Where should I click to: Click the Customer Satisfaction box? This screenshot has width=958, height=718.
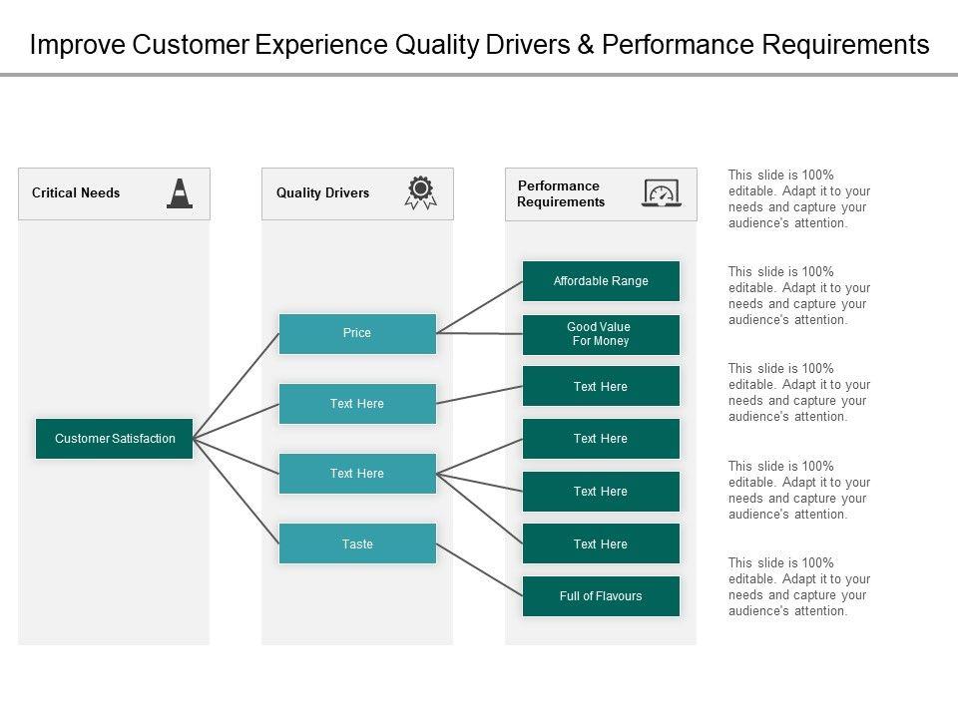(x=114, y=439)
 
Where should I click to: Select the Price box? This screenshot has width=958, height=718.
(x=357, y=333)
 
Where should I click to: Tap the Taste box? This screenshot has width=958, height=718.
(x=357, y=544)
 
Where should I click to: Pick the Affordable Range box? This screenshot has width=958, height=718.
(x=601, y=281)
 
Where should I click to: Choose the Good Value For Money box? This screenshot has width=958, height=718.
(x=601, y=334)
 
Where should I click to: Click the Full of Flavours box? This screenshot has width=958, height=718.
(x=601, y=596)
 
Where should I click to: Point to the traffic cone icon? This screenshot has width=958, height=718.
(x=180, y=193)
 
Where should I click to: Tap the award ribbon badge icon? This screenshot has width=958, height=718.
(x=420, y=192)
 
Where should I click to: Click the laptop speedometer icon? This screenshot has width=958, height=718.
(x=663, y=192)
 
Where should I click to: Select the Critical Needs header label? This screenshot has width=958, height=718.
(x=76, y=193)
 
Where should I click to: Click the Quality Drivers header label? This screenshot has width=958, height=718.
(x=322, y=193)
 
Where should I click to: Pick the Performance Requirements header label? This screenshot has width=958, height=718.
(x=560, y=193)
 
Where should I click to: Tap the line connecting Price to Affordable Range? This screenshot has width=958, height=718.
(x=480, y=306)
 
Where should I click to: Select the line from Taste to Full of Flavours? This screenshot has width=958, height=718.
(x=480, y=569)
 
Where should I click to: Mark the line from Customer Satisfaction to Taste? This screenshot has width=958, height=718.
(x=236, y=491)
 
